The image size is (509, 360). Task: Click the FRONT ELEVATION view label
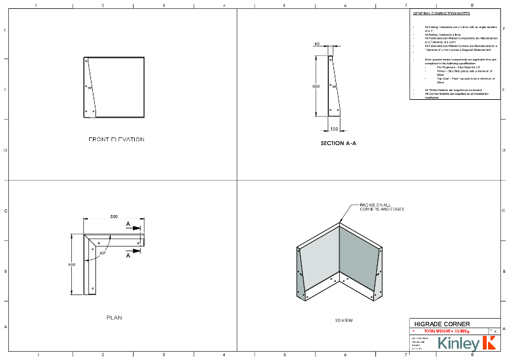point(116,139)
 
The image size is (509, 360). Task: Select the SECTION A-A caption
point(338,144)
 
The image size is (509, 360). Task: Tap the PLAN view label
point(114,317)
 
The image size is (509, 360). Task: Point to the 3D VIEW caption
point(344,320)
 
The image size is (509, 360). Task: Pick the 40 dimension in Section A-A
point(317,44)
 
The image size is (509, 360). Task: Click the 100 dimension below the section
point(334,128)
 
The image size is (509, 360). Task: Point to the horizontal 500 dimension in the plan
point(114,216)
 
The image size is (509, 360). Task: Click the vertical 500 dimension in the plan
point(72,264)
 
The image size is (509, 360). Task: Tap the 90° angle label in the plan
point(102,253)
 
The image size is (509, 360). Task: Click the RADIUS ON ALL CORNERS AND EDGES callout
point(382,207)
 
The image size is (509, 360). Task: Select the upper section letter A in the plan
point(128,225)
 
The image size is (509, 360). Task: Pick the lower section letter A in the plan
point(128,256)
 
